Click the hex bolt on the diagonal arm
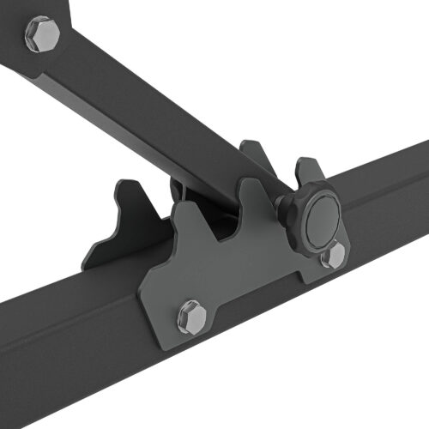42,34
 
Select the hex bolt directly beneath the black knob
333,254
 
